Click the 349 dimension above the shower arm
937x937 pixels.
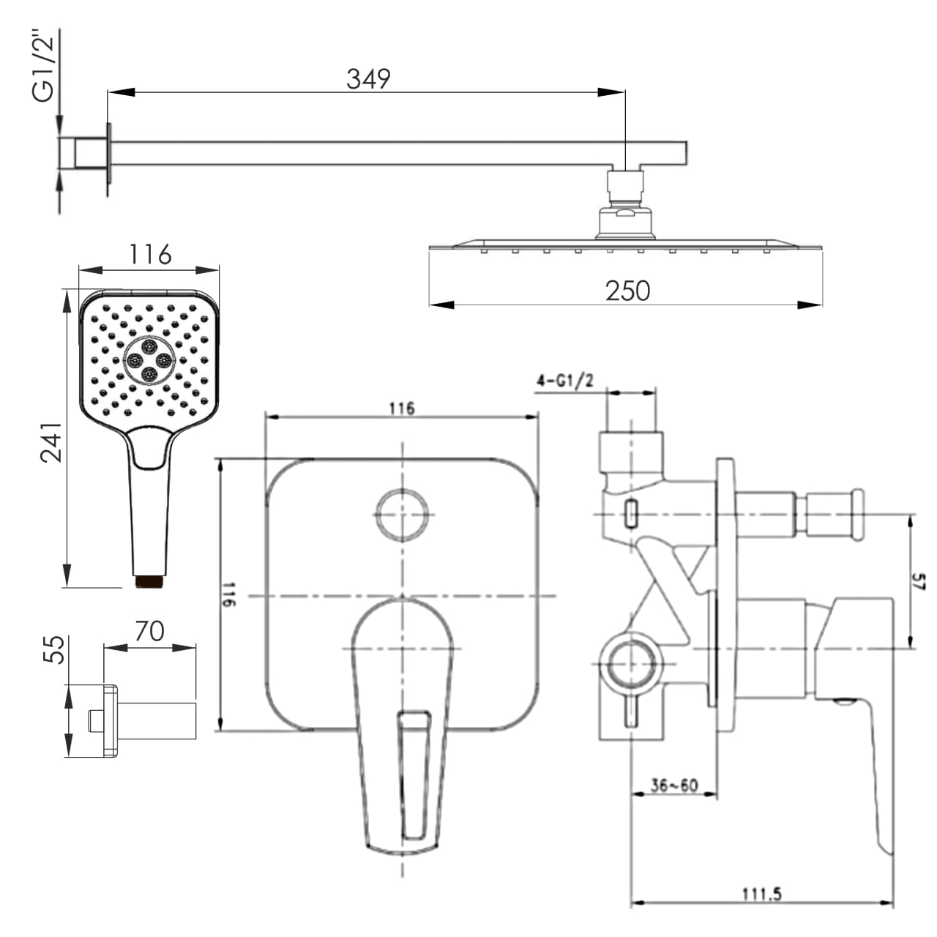click(368, 79)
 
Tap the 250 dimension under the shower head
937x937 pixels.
click(627, 291)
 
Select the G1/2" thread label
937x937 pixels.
click(44, 65)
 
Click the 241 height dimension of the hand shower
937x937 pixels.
click(51, 442)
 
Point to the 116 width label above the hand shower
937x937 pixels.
click(150, 254)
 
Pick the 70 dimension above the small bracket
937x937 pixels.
click(150, 632)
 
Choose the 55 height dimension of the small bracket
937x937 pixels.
click(53, 649)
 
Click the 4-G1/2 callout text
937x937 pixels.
click(565, 381)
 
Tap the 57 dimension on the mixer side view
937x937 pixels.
click(918, 582)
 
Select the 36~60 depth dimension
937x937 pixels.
click(674, 785)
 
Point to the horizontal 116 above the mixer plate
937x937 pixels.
click(402, 408)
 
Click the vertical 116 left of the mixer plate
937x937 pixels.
click(229, 594)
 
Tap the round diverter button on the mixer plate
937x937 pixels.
click(403, 515)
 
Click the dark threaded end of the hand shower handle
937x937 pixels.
click(149, 581)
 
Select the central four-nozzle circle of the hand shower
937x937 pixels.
click(149, 360)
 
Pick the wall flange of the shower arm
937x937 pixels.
click(109, 153)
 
